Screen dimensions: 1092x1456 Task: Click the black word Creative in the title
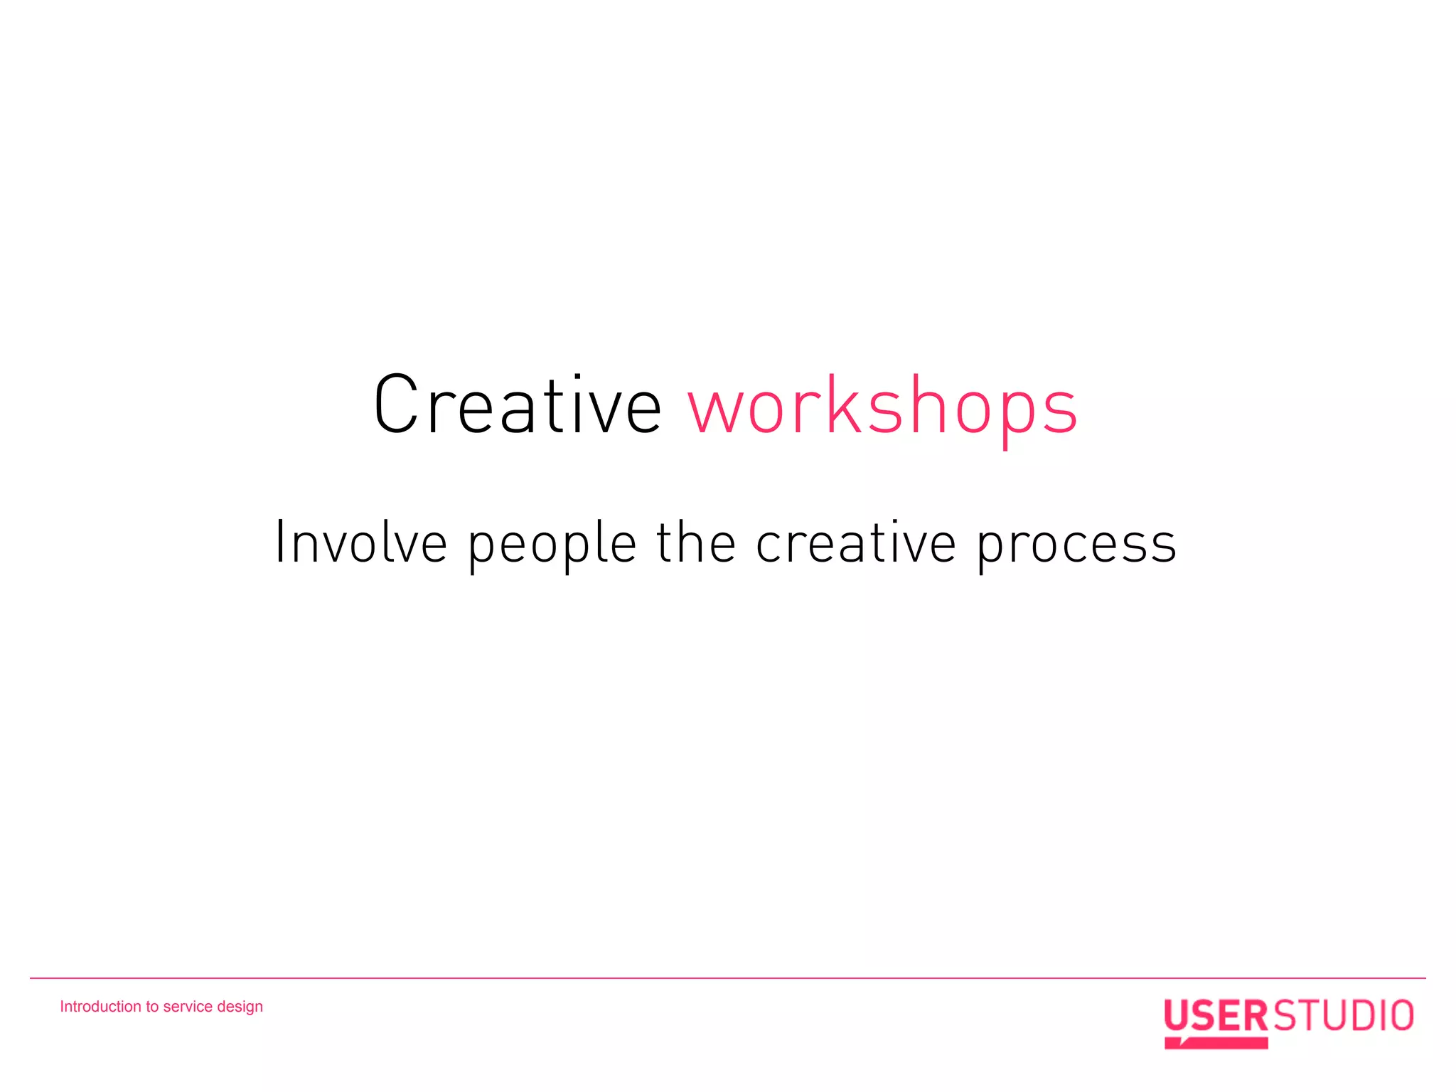coord(518,405)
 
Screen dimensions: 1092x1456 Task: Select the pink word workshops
coord(882,407)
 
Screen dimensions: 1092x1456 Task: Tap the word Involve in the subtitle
coord(360,543)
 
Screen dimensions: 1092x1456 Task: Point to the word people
coord(552,545)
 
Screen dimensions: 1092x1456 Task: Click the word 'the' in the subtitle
coord(695,542)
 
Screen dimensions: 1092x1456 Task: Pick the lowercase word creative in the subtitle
coord(855,543)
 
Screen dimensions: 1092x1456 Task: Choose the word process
coord(1076,546)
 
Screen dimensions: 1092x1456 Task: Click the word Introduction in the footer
coord(100,1007)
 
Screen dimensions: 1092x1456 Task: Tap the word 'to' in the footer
coord(152,1007)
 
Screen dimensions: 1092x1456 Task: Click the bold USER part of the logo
coord(1216,1016)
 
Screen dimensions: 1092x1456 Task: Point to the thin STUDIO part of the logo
coord(1343,1016)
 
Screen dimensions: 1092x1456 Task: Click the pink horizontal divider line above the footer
coord(728,978)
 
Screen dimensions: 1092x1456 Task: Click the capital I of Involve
coord(280,542)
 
